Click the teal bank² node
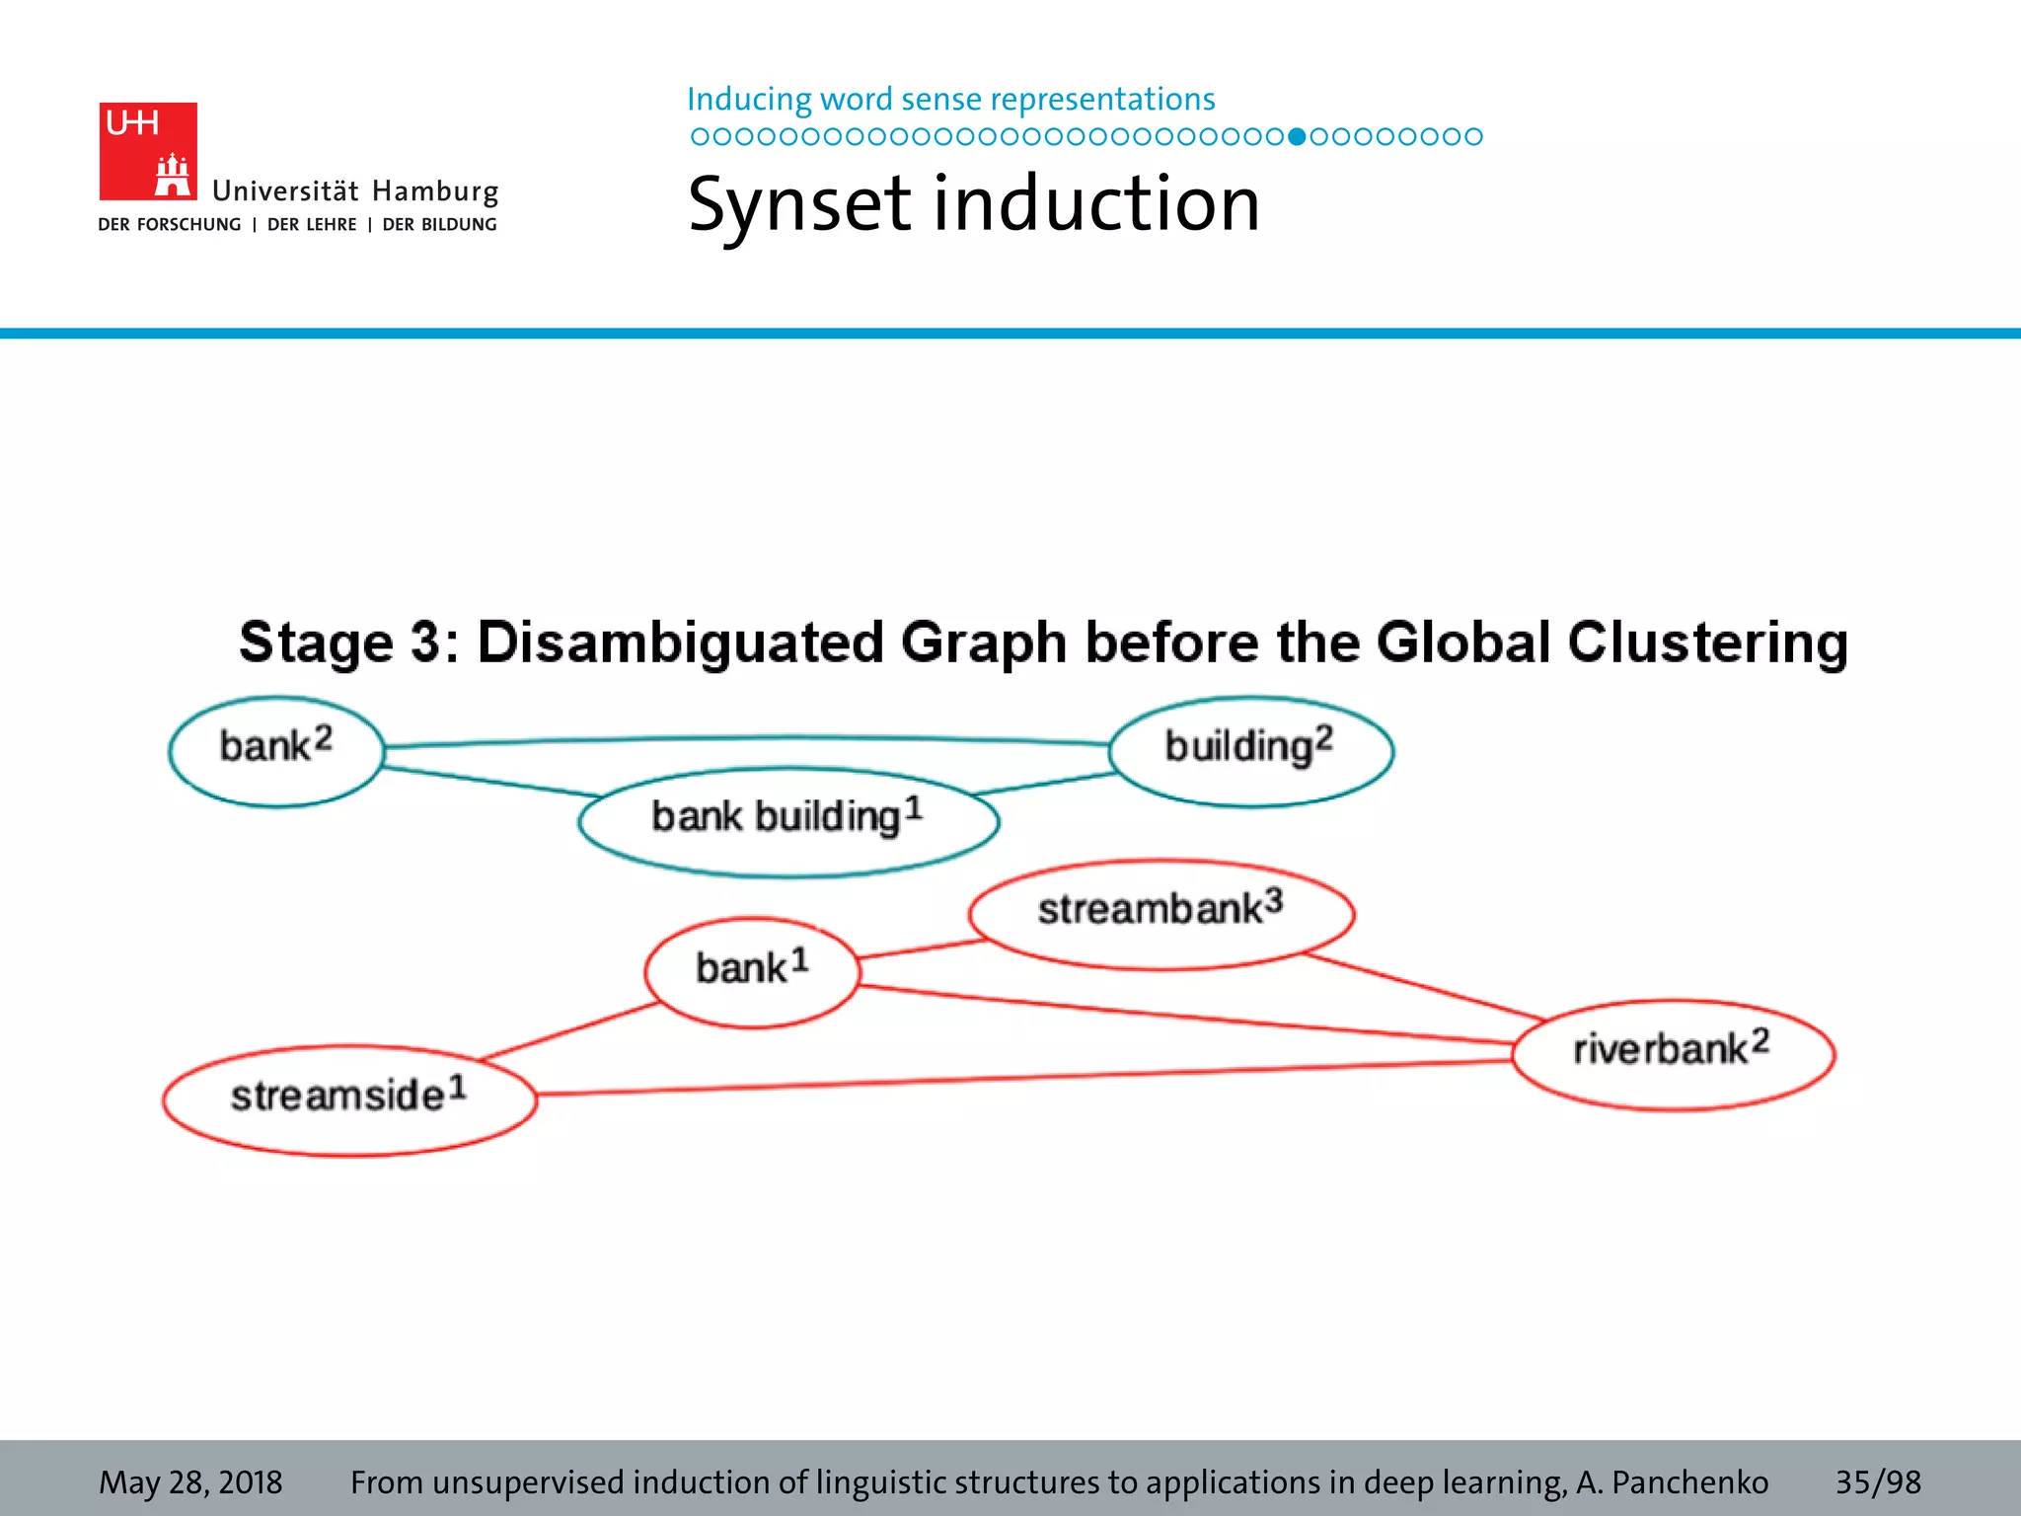pos(275,752)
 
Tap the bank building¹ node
pos(787,821)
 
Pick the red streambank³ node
pos(1160,914)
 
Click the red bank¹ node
pos(752,972)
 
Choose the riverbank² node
pos(1673,1054)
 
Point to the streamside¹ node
pos(349,1099)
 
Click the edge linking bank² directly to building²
pos(750,738)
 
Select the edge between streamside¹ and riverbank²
pos(1026,1078)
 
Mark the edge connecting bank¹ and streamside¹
pos(570,1032)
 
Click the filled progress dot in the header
pos(1297,136)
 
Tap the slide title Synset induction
pos(973,204)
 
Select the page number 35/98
pos(1877,1481)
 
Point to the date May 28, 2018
pos(190,1481)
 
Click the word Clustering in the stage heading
pos(1707,644)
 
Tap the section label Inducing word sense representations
pos(950,100)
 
